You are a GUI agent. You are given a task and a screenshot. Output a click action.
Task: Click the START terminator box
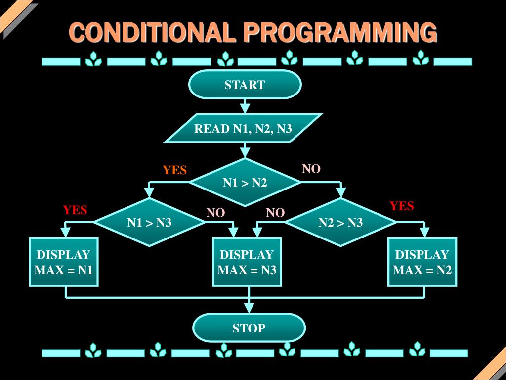tap(245, 85)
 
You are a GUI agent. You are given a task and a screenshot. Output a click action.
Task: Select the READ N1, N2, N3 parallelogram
tap(243, 129)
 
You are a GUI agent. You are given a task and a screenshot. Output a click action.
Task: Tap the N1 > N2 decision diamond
tap(245, 183)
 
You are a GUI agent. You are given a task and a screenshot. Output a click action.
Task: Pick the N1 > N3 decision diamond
tap(149, 223)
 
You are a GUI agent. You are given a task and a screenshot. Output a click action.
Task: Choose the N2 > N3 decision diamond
tap(340, 223)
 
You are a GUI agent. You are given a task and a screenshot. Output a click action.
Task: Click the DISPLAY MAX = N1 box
tap(64, 262)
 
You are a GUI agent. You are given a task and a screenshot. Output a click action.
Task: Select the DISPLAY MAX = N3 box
tap(247, 262)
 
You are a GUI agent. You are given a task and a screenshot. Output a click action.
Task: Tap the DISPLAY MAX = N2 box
tap(422, 262)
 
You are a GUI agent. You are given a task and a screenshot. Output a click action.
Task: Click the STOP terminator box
tap(249, 328)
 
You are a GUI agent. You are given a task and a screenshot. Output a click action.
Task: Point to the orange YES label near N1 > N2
tap(175, 170)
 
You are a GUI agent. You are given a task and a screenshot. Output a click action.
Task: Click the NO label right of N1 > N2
tap(311, 169)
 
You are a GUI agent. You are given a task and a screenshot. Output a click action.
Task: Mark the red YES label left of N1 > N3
tap(75, 210)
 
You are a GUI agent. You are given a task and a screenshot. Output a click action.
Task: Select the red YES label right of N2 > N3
tap(402, 206)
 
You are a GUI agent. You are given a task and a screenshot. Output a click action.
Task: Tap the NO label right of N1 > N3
tap(215, 213)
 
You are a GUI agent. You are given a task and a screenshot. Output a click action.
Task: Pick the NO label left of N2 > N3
tap(275, 213)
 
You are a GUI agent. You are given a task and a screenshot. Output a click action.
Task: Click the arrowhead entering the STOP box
tap(249, 308)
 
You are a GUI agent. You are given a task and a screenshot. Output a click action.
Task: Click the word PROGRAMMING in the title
tap(340, 33)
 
